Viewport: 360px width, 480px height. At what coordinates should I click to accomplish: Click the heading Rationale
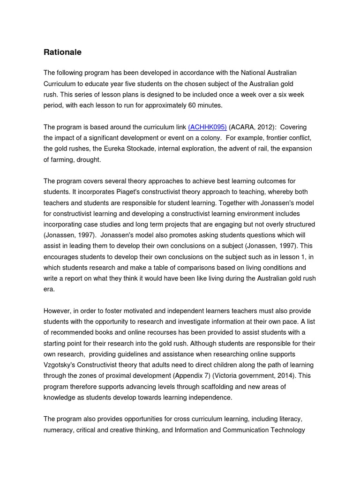coord(62,52)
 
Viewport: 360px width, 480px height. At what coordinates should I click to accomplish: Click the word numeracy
coord(58,430)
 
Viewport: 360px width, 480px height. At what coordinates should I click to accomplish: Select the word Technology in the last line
coord(287,430)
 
